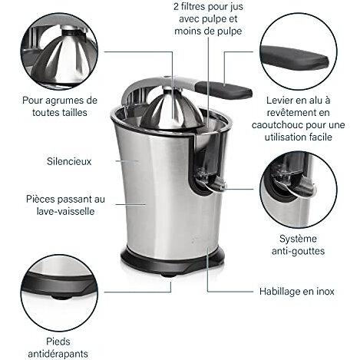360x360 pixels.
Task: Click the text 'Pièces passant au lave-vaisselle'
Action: (64, 203)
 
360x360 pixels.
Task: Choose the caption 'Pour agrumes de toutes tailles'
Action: (58, 106)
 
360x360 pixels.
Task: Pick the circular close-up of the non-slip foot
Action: (58, 292)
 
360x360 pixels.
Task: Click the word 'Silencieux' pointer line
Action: (115, 161)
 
